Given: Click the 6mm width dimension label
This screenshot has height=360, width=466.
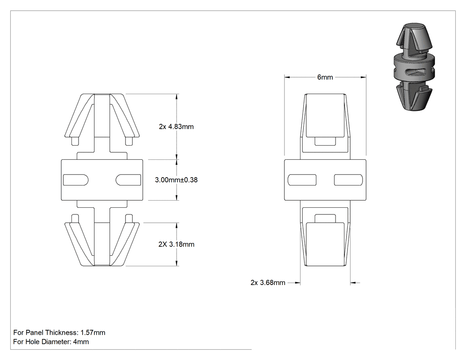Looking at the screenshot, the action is pos(325,77).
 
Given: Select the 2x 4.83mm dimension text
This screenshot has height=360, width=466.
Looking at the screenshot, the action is pos(176,127).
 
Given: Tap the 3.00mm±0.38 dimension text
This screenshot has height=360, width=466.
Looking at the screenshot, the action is pos(176,180).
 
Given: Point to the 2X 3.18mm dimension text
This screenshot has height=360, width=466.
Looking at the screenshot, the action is pos(176,244).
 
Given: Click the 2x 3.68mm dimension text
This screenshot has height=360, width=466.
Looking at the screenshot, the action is pos(268,283).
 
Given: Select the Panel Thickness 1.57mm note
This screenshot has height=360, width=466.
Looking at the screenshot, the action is pos(59,332).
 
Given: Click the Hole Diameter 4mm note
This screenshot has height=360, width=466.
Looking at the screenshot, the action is pos(51,342).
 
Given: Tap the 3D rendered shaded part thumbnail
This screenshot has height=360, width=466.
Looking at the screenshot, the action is pos(414,66).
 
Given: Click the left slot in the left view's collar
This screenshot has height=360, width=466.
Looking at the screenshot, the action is pos(76,180).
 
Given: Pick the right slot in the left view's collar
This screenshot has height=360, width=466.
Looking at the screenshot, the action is pos(128,180).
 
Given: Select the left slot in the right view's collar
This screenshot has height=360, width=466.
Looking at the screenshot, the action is pos(302,180).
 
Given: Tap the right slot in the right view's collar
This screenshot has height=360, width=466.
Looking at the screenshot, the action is pos(348,180).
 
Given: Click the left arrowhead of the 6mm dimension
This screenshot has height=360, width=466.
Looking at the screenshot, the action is pos(287,77).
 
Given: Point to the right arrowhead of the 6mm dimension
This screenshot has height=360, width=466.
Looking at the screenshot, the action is pos(363,77).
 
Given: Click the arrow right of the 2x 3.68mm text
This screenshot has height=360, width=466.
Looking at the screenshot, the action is pos(355,283).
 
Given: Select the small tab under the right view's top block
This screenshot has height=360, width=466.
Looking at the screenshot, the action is pos(325,141).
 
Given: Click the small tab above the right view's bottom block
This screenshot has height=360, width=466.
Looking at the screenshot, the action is pos(325,218).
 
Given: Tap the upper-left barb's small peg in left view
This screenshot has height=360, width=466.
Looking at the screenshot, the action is pos(75,141).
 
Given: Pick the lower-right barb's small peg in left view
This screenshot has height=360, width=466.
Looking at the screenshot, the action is pos(129,219).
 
